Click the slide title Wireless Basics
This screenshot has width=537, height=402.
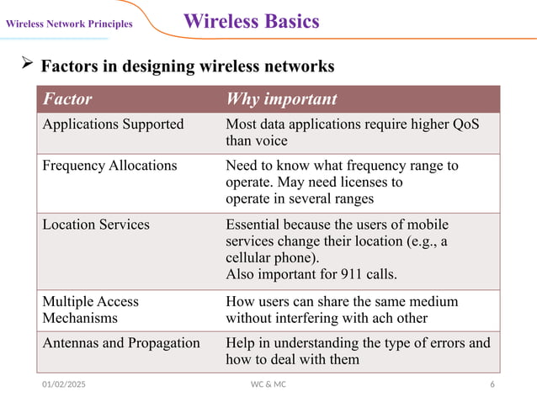pos(251,21)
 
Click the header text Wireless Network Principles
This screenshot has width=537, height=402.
pos(69,24)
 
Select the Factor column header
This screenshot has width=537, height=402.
pos(67,99)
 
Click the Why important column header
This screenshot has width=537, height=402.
pos(281,99)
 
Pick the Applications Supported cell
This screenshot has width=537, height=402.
pos(113,124)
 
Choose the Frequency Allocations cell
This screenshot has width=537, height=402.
pos(109,166)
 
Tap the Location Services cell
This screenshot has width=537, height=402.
pos(96,225)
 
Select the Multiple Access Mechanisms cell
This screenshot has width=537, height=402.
pos(90,309)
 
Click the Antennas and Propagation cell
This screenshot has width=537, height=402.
pos(121,343)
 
